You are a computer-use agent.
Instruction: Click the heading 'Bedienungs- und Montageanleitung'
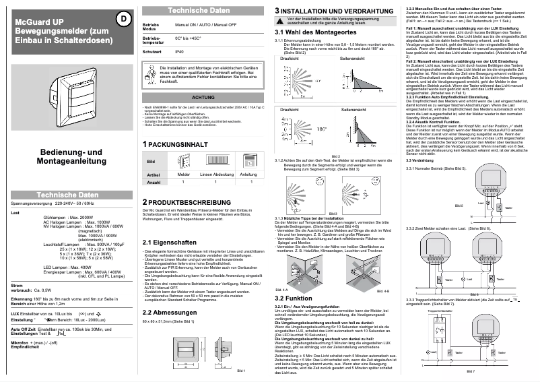71,158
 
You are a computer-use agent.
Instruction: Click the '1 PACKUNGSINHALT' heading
175,144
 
